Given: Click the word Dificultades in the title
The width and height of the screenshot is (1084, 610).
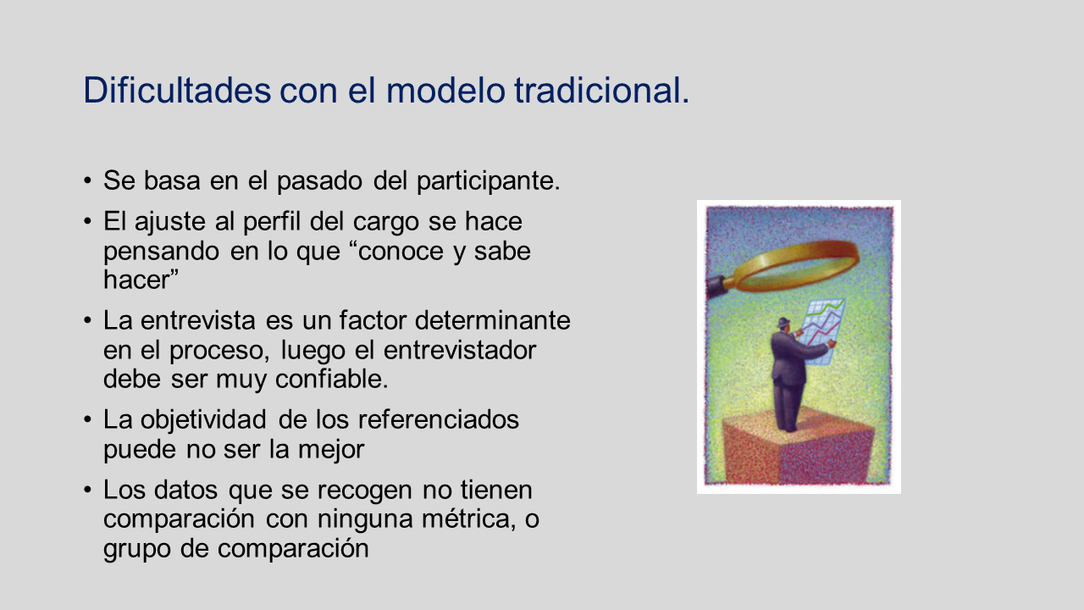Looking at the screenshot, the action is click(177, 90).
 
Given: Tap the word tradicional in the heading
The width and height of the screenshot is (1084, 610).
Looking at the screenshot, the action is click(596, 90).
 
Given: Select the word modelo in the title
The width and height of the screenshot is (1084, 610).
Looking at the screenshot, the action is click(445, 90).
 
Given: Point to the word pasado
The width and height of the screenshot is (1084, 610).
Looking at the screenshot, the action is click(319, 180).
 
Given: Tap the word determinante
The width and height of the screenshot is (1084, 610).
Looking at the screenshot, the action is click(493, 320).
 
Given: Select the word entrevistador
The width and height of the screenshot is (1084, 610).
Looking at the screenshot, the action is click(460, 350).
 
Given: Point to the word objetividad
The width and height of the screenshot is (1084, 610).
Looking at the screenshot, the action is click(203, 420).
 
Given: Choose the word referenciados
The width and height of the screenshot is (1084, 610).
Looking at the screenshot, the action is click(439, 419).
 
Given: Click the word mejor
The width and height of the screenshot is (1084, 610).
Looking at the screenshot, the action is click(331, 450).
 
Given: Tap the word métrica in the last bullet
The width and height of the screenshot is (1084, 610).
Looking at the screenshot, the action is click(466, 519).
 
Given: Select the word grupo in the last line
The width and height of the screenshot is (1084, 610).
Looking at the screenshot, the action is click(137, 550).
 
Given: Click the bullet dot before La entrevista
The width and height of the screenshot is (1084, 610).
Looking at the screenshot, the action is click(87, 320).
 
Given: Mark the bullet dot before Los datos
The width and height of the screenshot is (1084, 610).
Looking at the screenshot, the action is click(87, 490).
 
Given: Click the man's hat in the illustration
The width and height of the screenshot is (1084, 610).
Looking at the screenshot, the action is click(783, 323).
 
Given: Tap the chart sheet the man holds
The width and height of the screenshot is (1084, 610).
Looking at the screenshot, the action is click(822, 330).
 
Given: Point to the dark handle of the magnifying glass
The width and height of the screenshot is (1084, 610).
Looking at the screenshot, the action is click(721, 286).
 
